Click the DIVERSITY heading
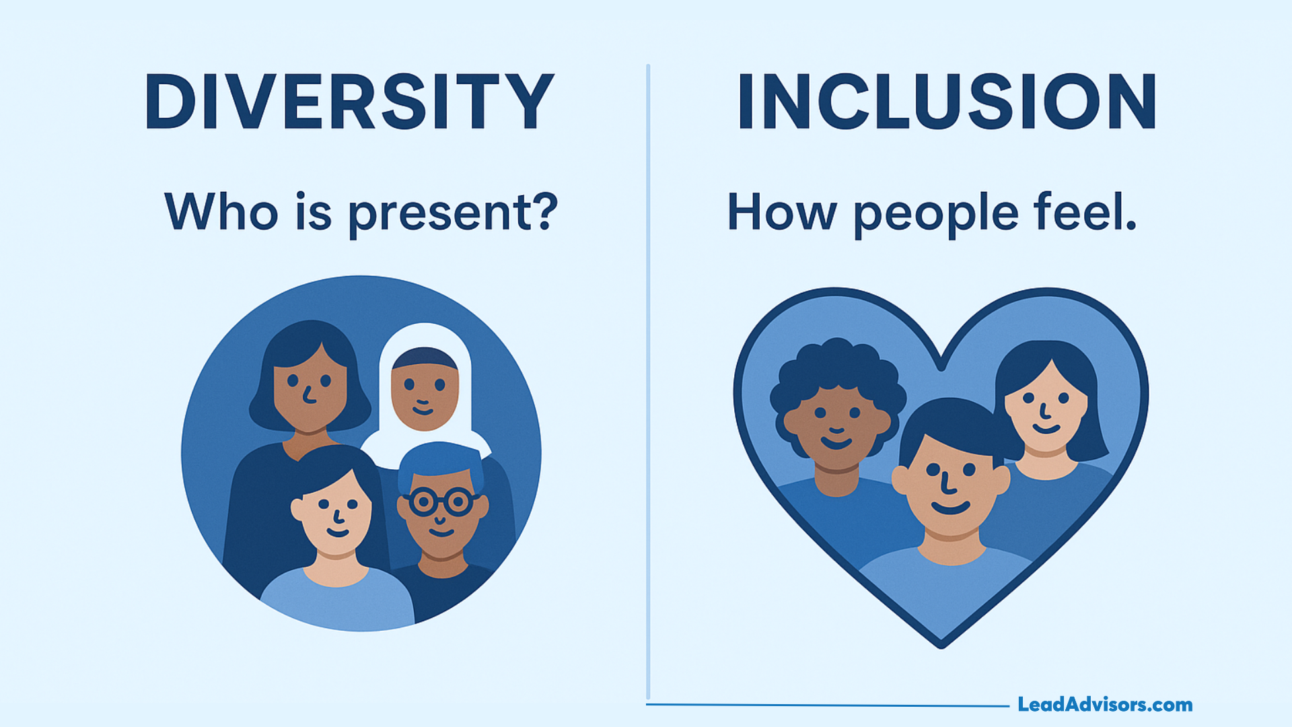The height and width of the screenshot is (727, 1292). pyautogui.click(x=349, y=102)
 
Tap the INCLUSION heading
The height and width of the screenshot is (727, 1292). pyautogui.click(x=947, y=102)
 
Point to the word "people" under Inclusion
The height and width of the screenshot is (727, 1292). pyautogui.click(x=936, y=213)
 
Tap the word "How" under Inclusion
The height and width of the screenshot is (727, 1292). pyautogui.click(x=782, y=213)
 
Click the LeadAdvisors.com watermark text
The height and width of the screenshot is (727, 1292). pyautogui.click(x=1105, y=705)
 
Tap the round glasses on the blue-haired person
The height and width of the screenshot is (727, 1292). pyautogui.click(x=441, y=502)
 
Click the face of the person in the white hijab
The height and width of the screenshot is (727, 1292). pyautogui.click(x=424, y=394)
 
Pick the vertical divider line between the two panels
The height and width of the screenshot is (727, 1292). pyautogui.click(x=648, y=377)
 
